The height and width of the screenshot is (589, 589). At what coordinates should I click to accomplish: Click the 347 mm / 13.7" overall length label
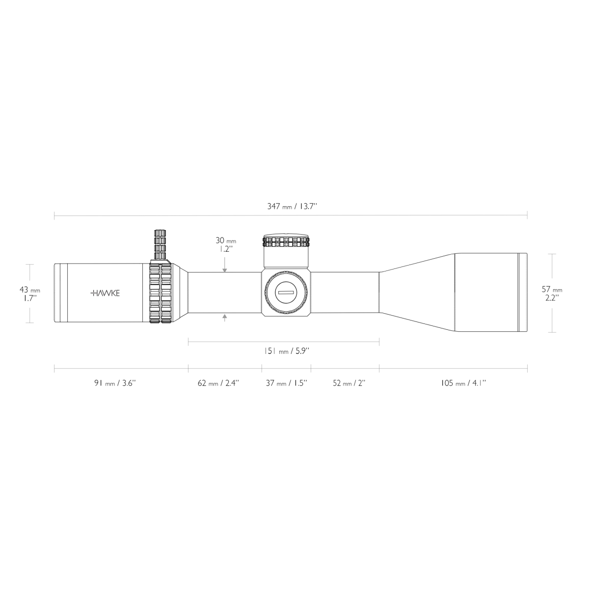(x=292, y=206)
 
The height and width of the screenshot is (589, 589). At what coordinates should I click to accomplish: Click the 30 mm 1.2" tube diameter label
(x=225, y=244)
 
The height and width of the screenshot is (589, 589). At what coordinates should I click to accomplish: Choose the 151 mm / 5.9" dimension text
(x=287, y=351)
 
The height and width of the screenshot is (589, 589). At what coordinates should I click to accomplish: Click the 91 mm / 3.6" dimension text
(x=114, y=383)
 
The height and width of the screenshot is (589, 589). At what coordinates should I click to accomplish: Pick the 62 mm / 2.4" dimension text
(x=218, y=383)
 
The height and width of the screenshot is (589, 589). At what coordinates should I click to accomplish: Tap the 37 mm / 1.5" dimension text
(x=286, y=383)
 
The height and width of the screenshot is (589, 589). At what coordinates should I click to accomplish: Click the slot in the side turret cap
(x=286, y=293)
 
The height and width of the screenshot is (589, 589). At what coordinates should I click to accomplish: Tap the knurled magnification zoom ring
(x=160, y=294)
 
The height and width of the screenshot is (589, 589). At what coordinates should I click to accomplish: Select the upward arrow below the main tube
(x=225, y=318)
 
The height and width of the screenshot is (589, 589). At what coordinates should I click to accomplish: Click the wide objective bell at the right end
(x=491, y=293)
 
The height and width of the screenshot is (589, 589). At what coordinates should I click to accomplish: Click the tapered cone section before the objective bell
(x=417, y=293)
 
